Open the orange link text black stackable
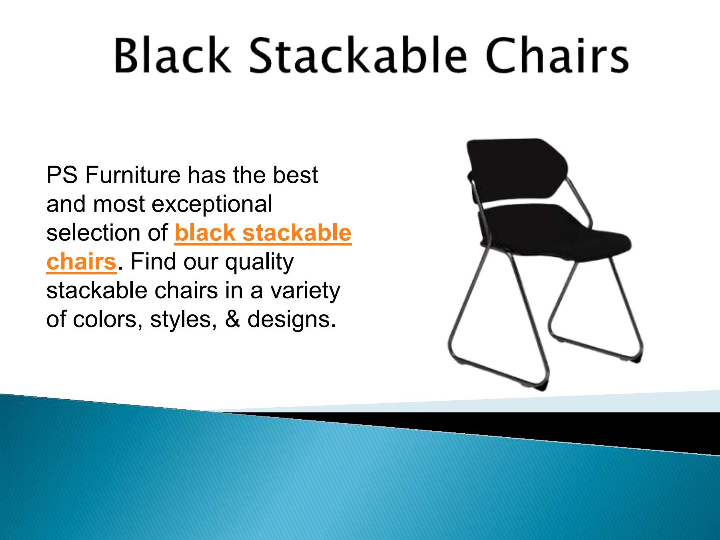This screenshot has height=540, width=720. pyautogui.click(x=263, y=233)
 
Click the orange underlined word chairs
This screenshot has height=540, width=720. pyautogui.click(x=81, y=262)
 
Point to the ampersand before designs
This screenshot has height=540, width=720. pyautogui.click(x=232, y=320)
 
